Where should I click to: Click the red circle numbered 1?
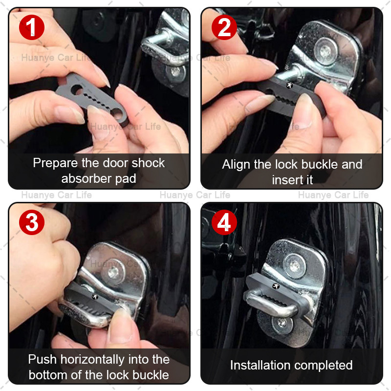(32, 27)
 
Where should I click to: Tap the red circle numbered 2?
(224, 27)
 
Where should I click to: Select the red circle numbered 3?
(32, 222)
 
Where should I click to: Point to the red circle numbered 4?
(224, 222)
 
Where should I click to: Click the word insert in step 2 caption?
(286, 180)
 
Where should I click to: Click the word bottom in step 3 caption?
(48, 375)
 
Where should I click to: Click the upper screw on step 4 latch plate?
(295, 265)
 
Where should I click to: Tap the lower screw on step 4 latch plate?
(282, 323)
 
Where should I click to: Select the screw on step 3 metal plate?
(113, 272)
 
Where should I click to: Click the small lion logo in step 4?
(276, 286)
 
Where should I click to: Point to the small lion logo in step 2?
(289, 85)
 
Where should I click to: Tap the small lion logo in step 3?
(95, 297)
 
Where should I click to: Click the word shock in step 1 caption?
(148, 163)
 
